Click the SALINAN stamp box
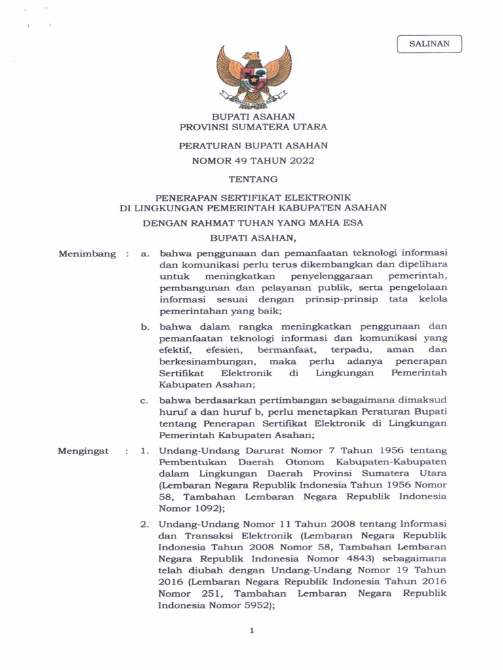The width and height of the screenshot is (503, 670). (429, 44)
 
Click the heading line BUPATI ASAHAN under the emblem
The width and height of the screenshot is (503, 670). (253, 116)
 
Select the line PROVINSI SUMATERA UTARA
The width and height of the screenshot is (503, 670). (253, 127)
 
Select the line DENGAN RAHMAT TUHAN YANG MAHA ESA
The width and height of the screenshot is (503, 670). (253, 223)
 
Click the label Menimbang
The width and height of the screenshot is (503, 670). (86, 254)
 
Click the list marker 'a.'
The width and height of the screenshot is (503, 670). (145, 254)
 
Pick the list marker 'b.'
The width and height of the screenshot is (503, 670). (145, 326)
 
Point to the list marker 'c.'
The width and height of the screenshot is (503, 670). (145, 400)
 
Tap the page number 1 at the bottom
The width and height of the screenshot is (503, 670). (251, 630)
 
